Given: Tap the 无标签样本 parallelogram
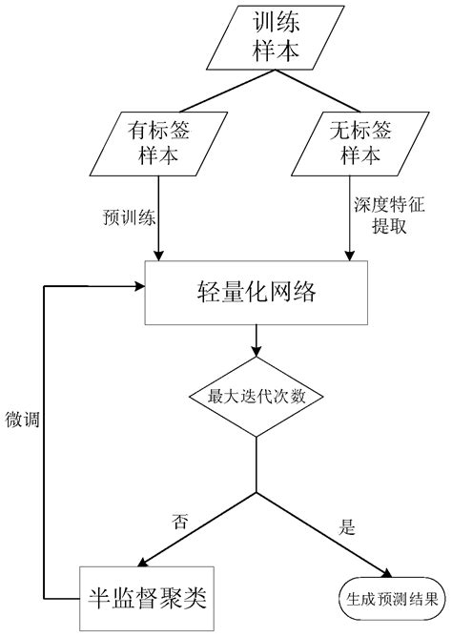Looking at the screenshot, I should (x=348, y=142).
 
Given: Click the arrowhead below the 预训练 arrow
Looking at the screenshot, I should (x=158, y=255).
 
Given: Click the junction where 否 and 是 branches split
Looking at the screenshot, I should (x=255, y=494).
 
